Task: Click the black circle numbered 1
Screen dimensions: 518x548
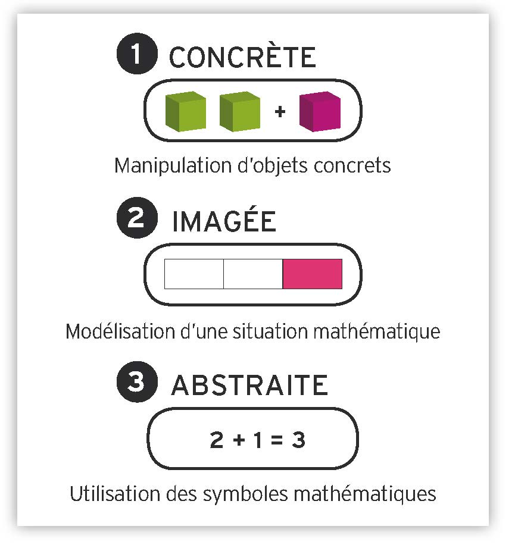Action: coord(137,54)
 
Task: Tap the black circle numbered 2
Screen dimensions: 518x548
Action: coord(137,218)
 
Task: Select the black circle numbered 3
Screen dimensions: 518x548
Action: coord(137,381)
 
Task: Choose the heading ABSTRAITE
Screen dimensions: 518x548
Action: coord(249,385)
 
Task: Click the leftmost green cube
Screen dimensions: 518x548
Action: coord(185,111)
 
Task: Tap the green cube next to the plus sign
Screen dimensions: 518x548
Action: coord(240,111)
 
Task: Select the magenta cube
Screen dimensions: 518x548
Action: coord(320,111)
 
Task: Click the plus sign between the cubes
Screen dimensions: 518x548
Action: coord(280,112)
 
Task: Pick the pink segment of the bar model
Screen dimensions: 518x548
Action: coord(313,274)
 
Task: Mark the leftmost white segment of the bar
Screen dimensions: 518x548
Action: coord(194,274)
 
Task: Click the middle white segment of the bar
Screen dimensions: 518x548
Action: coord(253,274)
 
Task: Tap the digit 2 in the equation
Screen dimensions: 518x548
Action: coord(217,440)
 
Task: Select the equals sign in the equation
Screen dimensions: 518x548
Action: coord(277,440)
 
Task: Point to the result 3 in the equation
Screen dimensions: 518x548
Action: coord(299,440)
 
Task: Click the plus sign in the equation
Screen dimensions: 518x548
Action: coord(239,440)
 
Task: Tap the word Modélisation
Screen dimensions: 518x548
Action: coord(120,331)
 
